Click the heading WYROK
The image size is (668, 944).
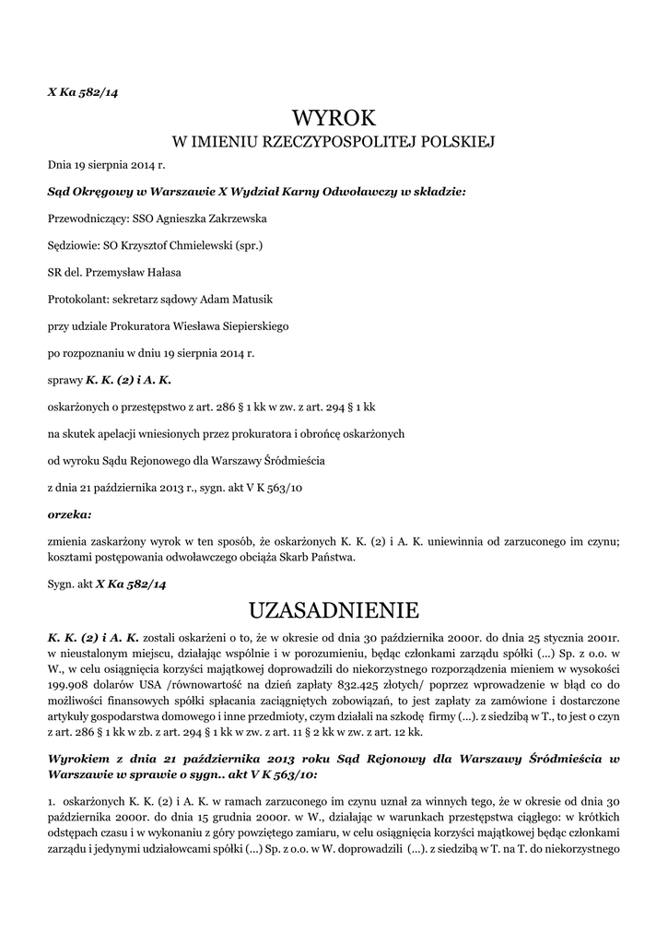[334, 117]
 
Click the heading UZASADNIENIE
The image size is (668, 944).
[334, 609]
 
